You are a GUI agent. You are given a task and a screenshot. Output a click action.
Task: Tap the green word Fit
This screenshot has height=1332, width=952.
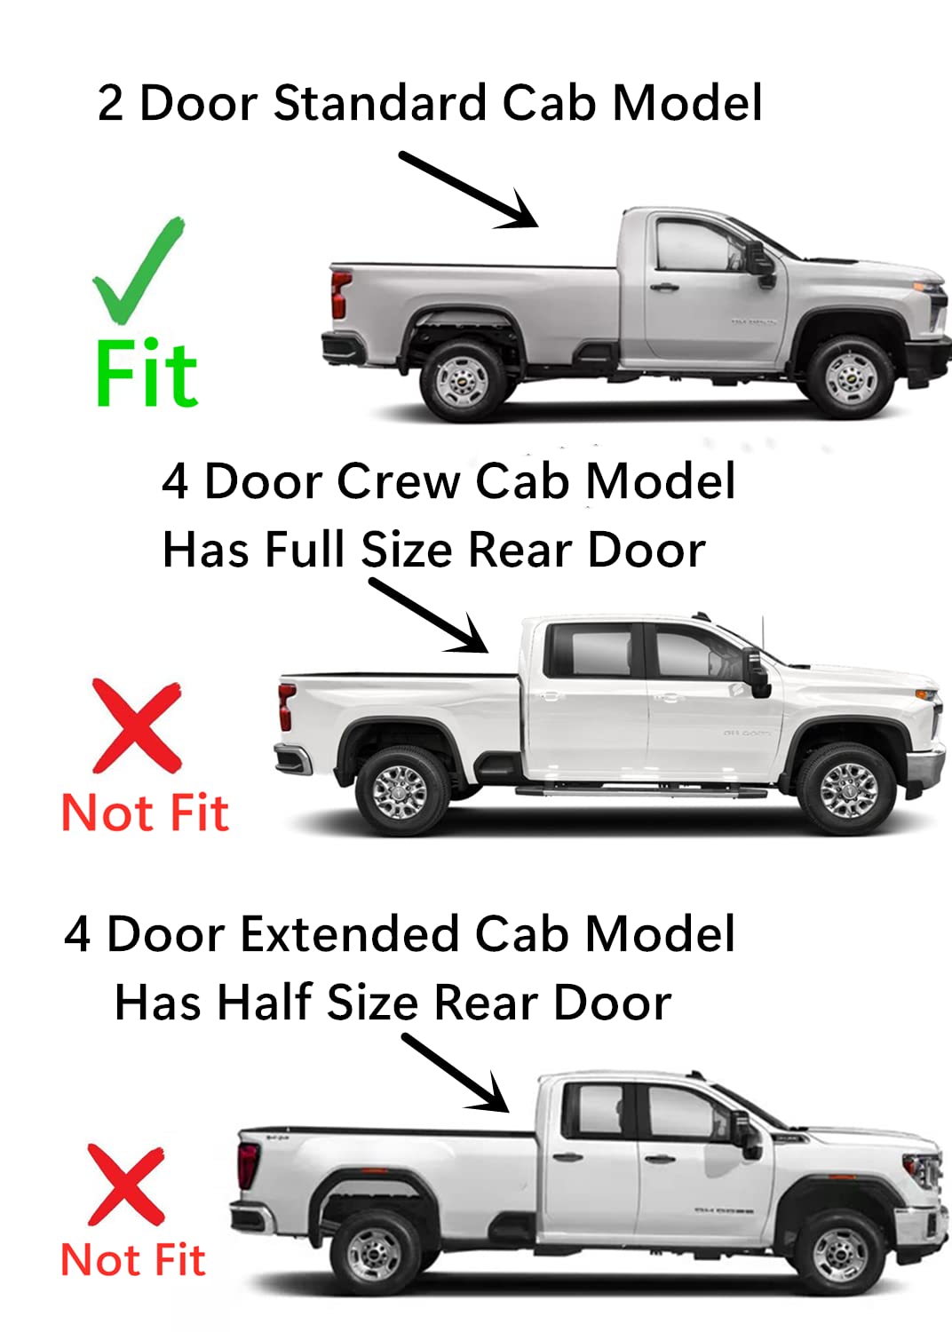[147, 375]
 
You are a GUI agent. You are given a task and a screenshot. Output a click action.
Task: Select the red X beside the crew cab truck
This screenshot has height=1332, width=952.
[137, 726]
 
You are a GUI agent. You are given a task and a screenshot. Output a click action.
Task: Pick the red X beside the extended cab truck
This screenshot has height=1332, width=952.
[126, 1185]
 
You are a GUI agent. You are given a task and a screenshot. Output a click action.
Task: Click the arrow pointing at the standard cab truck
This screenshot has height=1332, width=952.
[469, 190]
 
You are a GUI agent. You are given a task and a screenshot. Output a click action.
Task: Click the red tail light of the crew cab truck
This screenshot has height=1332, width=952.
[286, 706]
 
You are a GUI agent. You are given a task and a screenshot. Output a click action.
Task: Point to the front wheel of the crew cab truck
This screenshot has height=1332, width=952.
[847, 789]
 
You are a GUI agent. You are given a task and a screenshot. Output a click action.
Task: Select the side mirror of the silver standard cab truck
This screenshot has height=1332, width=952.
[763, 265]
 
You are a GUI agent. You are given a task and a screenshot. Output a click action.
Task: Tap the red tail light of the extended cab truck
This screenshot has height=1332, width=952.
[249, 1164]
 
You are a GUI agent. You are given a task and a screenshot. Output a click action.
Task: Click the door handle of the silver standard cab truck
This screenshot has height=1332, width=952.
[663, 288]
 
